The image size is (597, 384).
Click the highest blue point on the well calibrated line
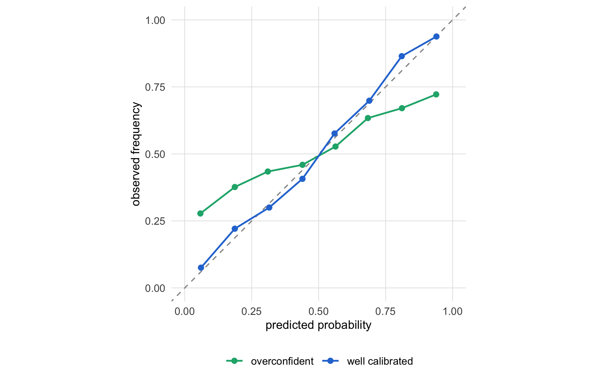point(436,36)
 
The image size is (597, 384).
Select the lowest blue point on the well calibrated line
point(201,268)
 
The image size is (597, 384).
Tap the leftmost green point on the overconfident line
point(200,213)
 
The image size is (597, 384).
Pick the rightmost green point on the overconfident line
point(436,94)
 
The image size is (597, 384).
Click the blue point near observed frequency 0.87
point(402,56)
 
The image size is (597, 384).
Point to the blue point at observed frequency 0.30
point(269,207)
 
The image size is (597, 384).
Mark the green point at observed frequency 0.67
point(402,108)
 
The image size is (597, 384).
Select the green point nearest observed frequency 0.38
point(235,187)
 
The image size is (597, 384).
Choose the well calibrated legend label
point(380,361)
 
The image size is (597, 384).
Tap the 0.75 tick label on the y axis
point(155,87)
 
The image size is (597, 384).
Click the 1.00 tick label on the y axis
point(155,20)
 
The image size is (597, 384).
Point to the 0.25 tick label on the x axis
point(251,311)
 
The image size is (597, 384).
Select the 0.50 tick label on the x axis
point(318,311)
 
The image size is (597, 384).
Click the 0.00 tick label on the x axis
point(185,311)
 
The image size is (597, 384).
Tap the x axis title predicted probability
point(318,325)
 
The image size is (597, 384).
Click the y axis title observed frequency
point(136,154)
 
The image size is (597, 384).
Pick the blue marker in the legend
point(330,361)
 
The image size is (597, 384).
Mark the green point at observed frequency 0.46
point(302,165)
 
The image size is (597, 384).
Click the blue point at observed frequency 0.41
point(302,179)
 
